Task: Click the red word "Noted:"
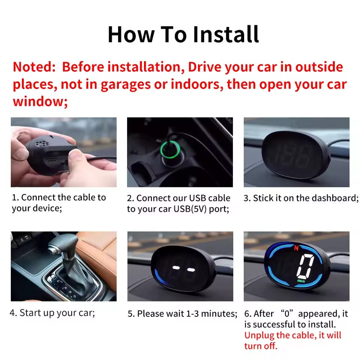[34, 67]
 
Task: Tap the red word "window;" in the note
[40, 101]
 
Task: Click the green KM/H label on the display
[300, 281]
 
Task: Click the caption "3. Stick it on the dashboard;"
[301, 198]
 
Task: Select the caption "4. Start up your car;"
[52, 313]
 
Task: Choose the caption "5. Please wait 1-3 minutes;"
[182, 313]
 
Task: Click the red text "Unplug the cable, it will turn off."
[292, 340]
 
